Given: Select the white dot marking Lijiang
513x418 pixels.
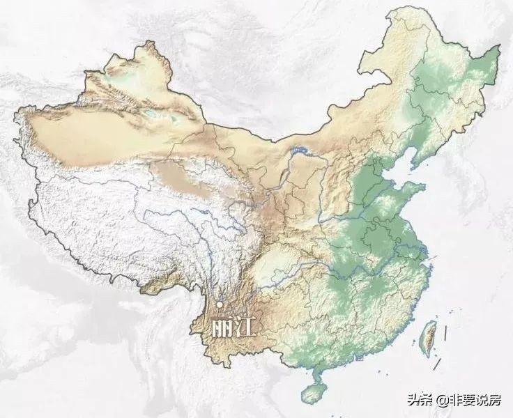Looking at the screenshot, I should point(220,304).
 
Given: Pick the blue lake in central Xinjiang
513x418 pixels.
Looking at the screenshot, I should point(148,111).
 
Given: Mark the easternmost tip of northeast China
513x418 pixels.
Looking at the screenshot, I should point(499,49).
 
